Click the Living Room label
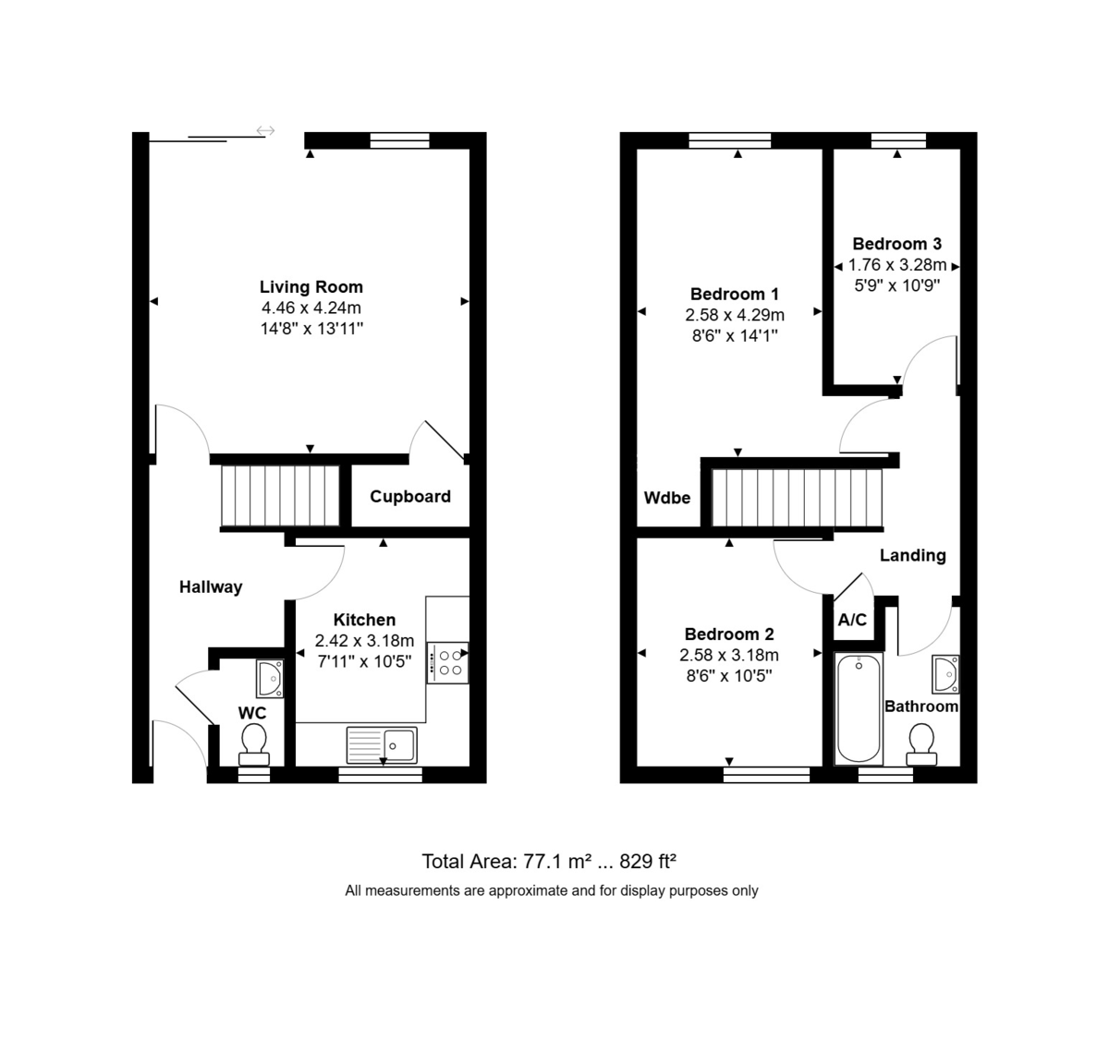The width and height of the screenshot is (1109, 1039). [311, 287]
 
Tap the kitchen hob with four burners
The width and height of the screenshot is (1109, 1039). [448, 663]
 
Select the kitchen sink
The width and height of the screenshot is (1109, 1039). [382, 744]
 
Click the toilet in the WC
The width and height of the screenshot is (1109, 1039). [254, 744]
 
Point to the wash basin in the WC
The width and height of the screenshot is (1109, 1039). [270, 678]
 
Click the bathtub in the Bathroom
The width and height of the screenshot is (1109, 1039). [859, 708]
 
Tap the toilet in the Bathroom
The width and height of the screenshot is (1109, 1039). [921, 744]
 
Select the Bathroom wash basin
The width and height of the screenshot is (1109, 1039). [945, 674]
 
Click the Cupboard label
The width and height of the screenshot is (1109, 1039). [410, 496]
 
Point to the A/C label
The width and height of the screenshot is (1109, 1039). [852, 619]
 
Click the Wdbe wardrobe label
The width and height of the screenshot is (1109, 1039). [667, 498]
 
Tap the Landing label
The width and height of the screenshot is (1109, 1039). [913, 555]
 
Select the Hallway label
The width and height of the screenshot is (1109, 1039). [211, 586]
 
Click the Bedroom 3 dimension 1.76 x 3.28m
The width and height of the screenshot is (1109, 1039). [897, 265]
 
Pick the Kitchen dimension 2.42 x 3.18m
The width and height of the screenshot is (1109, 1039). [365, 640]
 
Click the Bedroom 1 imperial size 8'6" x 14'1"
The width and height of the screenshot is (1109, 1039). [735, 335]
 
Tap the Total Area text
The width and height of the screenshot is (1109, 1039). [549, 862]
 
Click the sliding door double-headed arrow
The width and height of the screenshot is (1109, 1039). [266, 130]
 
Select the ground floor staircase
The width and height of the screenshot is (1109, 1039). [280, 496]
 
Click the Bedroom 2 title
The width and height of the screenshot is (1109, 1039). [729, 634]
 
